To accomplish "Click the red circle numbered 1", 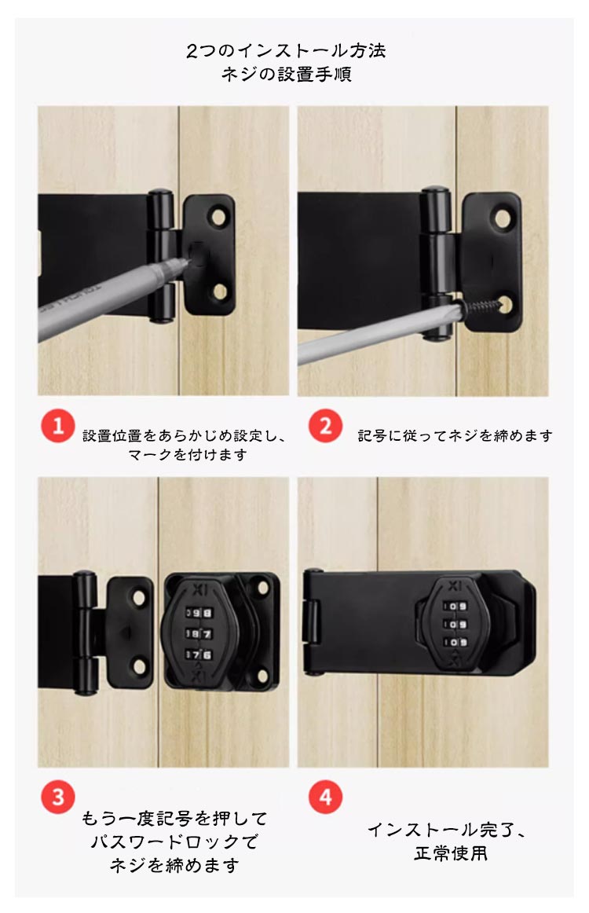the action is pyautogui.click(x=57, y=426).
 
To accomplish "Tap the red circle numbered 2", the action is pyautogui.click(x=325, y=426).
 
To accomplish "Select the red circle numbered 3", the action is pyautogui.click(x=57, y=796).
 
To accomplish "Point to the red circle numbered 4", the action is pyautogui.click(x=325, y=796).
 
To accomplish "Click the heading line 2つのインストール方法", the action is pyautogui.click(x=287, y=50).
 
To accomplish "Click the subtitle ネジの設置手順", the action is pyautogui.click(x=287, y=75).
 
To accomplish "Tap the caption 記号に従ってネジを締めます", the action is pyautogui.click(x=455, y=435).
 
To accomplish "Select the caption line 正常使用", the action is pyautogui.click(x=451, y=853).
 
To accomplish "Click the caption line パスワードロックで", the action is pyautogui.click(x=174, y=842).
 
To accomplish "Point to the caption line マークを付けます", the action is pyautogui.click(x=188, y=454).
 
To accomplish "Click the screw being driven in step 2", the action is pyautogui.click(x=482, y=305).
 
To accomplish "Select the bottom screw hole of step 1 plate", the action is pyautogui.click(x=219, y=291).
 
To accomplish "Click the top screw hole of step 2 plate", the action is pyautogui.click(x=503, y=218).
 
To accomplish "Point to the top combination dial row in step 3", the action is pyautogui.click(x=199, y=613).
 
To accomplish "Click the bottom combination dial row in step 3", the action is pyautogui.click(x=199, y=655).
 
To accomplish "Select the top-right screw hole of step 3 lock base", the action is pyautogui.click(x=262, y=587).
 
